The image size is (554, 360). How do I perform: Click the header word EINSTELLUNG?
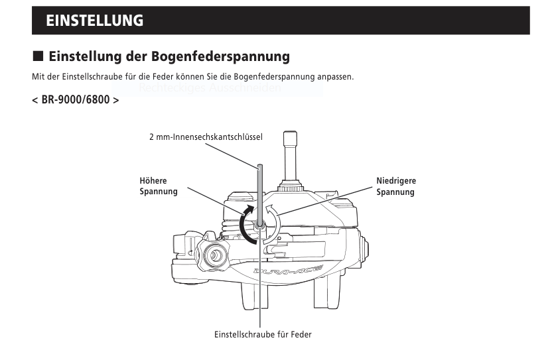[94, 21]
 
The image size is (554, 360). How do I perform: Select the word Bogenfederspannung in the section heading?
[219, 57]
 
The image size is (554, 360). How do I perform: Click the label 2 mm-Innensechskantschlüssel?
[206, 137]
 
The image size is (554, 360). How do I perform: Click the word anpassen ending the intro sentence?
[334, 77]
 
